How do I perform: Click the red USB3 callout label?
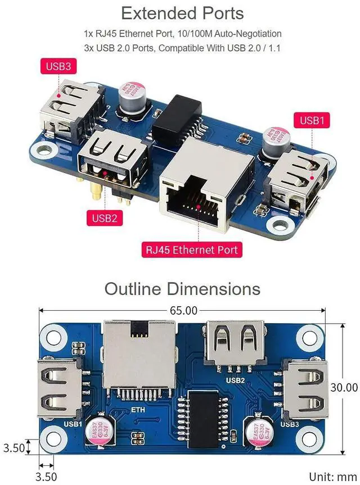click(x=58, y=67)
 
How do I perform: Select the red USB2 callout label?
click(x=105, y=217)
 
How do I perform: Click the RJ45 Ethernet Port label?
click(x=192, y=250)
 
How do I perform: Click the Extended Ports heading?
click(x=182, y=13)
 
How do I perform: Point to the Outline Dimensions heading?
click(x=182, y=289)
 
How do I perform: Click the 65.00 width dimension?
click(x=182, y=310)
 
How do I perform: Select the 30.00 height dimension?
click(x=343, y=387)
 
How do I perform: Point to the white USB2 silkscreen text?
click(x=236, y=380)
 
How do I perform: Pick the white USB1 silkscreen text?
click(x=74, y=424)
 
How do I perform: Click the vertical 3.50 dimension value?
click(x=13, y=448)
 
